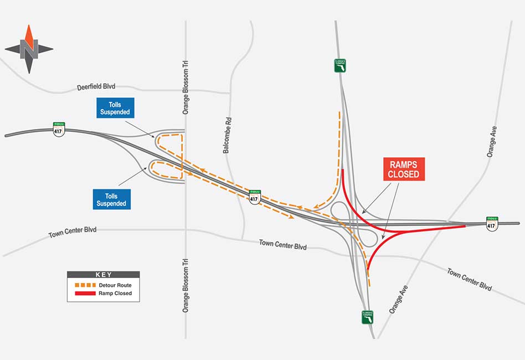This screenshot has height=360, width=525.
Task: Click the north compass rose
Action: [x=29, y=49]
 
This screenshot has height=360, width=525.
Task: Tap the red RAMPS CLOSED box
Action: [x=404, y=169]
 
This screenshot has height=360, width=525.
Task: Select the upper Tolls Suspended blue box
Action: [x=115, y=107]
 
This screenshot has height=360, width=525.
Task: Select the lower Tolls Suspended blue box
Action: [x=112, y=199]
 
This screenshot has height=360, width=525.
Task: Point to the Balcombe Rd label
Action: [x=228, y=135]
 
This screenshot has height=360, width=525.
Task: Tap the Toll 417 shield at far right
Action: [x=492, y=224]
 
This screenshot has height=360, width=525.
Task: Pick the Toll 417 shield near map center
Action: [x=254, y=197]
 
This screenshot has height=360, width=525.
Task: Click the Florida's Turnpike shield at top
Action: [x=339, y=65]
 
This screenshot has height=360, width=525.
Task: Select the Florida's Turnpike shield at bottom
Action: [x=368, y=317]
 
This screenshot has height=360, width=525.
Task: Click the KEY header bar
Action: [x=104, y=275]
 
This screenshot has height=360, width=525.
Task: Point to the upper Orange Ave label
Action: [x=491, y=141]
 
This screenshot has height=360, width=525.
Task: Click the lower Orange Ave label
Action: [x=398, y=300]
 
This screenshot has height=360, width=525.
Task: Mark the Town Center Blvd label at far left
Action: [x=73, y=232]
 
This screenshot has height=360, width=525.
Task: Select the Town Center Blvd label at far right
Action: [x=469, y=280]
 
